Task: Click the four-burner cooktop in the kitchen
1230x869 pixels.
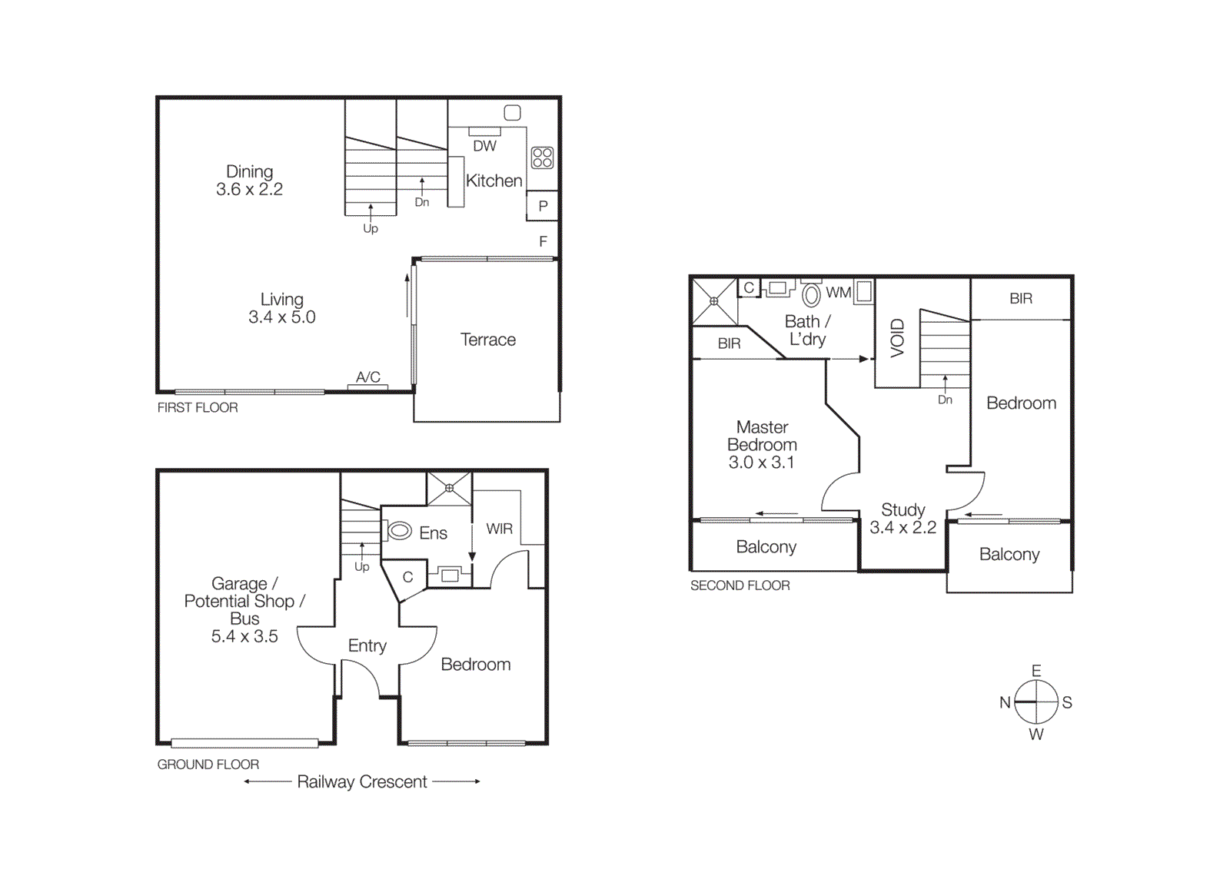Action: [x=542, y=158]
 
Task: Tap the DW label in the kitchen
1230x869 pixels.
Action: [x=484, y=146]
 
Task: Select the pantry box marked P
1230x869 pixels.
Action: [x=543, y=206]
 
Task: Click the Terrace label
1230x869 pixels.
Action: [x=487, y=340]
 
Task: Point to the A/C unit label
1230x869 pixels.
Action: [x=367, y=377]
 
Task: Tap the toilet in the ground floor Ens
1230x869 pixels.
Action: [x=400, y=531]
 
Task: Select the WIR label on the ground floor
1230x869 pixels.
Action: [x=499, y=529]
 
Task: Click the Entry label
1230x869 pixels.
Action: [x=367, y=645]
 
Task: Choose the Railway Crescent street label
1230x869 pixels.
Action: [x=361, y=781]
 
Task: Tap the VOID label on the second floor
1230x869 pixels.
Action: [x=897, y=338]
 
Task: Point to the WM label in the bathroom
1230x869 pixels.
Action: [x=838, y=293]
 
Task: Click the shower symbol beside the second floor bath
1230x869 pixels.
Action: [x=714, y=301]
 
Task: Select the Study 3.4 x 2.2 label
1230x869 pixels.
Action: [x=903, y=519]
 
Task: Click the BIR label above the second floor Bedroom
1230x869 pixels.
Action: [x=1020, y=298]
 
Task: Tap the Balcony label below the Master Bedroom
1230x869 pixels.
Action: [x=766, y=546]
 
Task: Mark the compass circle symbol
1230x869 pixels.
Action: [x=1036, y=702]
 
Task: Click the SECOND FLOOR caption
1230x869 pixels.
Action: [x=740, y=585]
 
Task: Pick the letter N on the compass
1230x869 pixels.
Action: [x=1005, y=702]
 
